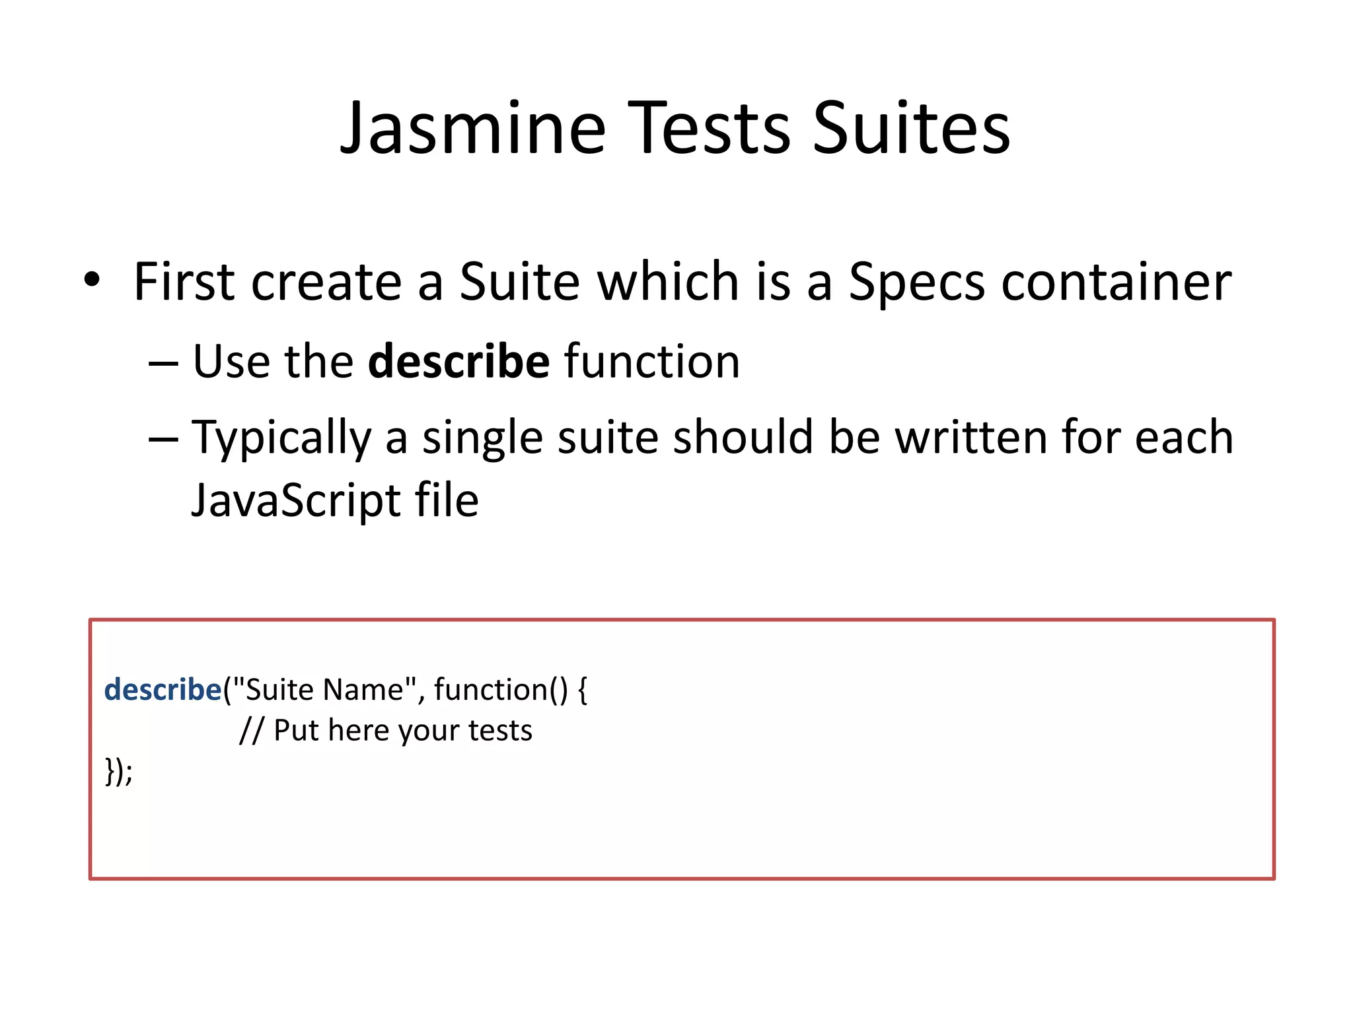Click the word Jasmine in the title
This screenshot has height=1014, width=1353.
472,129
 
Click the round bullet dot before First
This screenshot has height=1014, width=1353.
92,279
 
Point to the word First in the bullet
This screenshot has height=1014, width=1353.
184,283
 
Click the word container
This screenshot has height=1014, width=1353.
1116,283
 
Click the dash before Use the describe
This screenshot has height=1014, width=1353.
163,364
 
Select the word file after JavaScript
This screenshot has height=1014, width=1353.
446,500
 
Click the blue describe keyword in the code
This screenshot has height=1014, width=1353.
163,690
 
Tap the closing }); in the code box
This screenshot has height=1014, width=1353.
119,771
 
